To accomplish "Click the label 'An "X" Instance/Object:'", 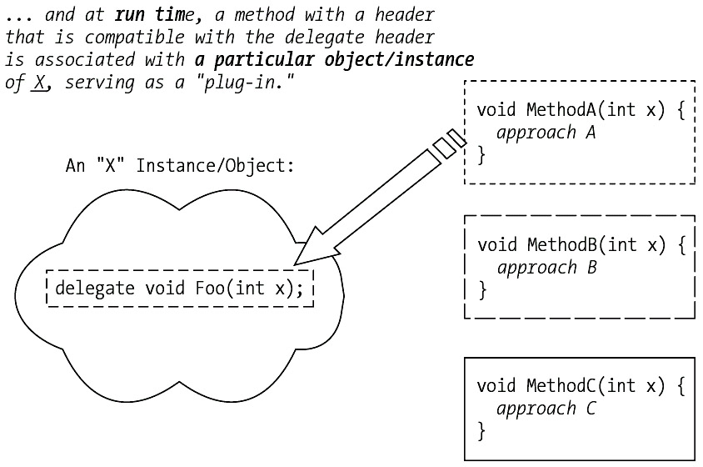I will [x=180, y=165].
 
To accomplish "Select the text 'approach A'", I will [x=546, y=133].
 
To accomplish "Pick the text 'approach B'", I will [x=546, y=268].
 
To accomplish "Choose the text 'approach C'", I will [x=546, y=409].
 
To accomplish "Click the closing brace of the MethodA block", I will [x=481, y=155].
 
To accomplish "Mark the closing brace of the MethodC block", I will [x=481, y=431].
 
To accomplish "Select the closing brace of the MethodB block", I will [x=481, y=290].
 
